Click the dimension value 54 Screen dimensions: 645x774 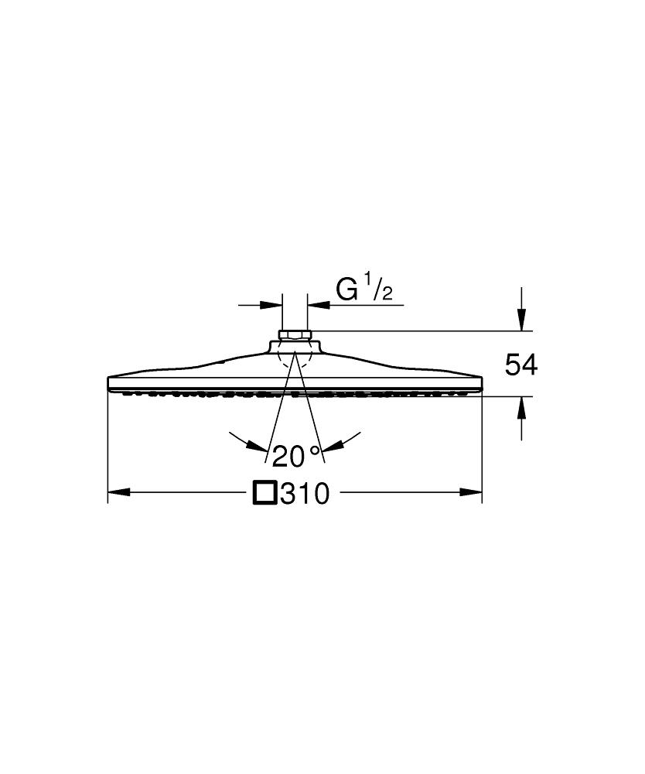pos(520,365)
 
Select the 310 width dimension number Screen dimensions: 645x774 pos(305,493)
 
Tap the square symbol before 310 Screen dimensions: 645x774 pos(264,492)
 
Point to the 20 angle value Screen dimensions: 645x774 pos(288,457)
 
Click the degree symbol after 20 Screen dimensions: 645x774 pos(314,450)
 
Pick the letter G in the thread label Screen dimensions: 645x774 pos(346,289)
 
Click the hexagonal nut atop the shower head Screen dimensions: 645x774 pos(295,336)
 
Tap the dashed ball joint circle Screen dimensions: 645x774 pos(295,356)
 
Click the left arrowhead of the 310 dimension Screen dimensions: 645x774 pos(118,492)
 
